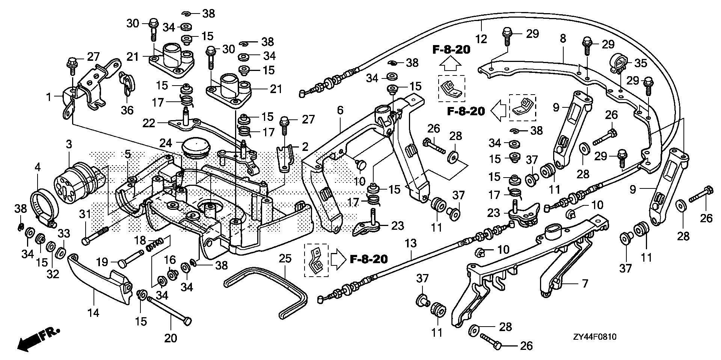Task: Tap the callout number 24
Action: (x=166, y=143)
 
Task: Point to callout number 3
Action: (x=69, y=144)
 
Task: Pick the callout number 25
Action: (x=285, y=258)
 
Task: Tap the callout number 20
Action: (x=170, y=338)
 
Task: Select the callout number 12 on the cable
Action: (x=481, y=38)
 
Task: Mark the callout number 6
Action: (x=340, y=110)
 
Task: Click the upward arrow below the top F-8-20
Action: (x=450, y=65)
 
